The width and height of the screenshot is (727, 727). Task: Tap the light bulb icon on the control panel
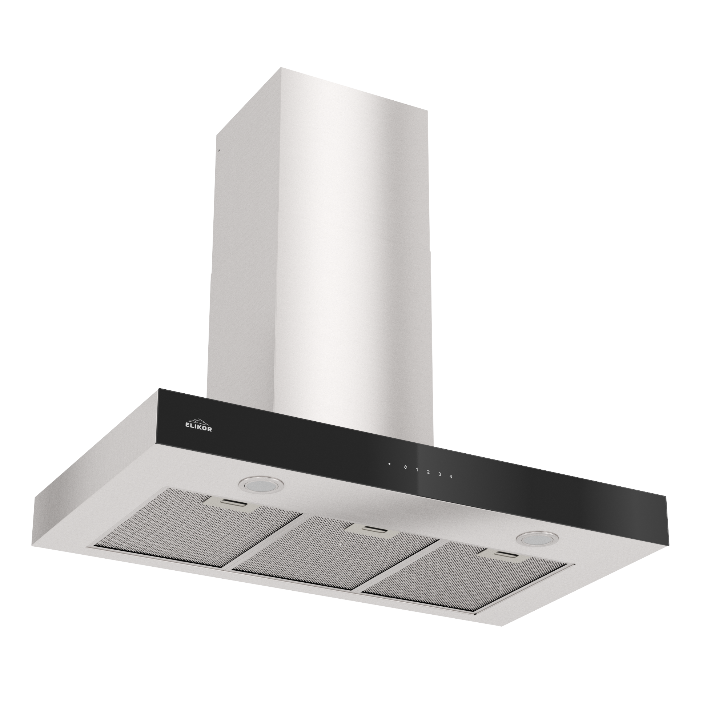(405, 468)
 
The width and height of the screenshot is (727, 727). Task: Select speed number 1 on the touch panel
(417, 470)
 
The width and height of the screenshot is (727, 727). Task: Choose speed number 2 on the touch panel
(428, 472)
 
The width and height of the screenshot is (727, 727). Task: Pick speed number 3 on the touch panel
(439, 474)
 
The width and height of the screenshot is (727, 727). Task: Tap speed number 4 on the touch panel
(451, 477)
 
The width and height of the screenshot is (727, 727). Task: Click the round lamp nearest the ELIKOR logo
(260, 485)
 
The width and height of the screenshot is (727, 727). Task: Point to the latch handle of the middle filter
(371, 529)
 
